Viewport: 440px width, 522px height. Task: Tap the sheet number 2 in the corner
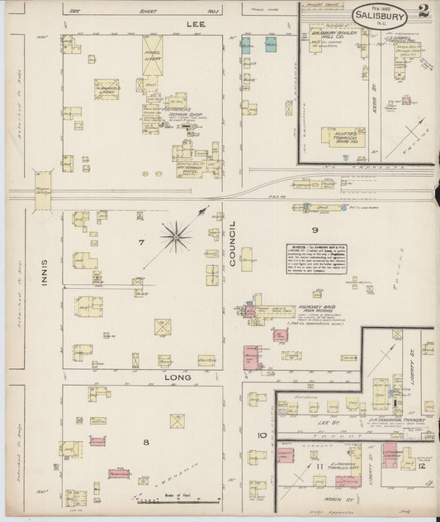click(x=423, y=12)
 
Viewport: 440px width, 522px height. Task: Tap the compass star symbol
click(x=176, y=238)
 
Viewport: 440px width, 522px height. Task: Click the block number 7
click(x=142, y=243)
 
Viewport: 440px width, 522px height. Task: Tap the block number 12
click(x=422, y=467)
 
